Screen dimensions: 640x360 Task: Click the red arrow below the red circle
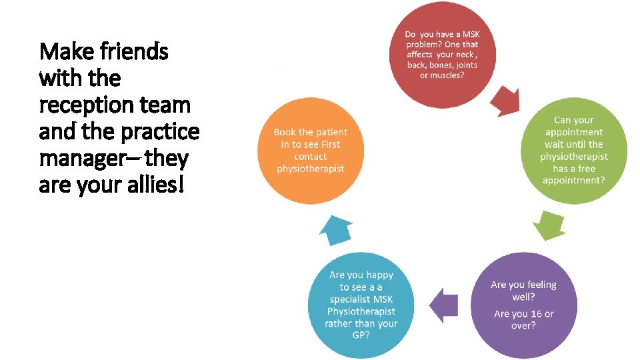[x=505, y=101]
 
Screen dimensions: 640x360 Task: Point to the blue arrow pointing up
[x=335, y=230]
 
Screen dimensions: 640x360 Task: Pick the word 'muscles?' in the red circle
[x=442, y=75]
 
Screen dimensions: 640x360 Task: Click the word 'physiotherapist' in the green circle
[x=574, y=157]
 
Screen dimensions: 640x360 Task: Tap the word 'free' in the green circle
[x=587, y=169]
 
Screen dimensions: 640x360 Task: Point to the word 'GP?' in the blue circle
[x=361, y=335]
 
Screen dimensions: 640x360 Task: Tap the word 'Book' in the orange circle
[x=285, y=132]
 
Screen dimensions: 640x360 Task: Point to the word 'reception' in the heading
[x=83, y=105]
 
